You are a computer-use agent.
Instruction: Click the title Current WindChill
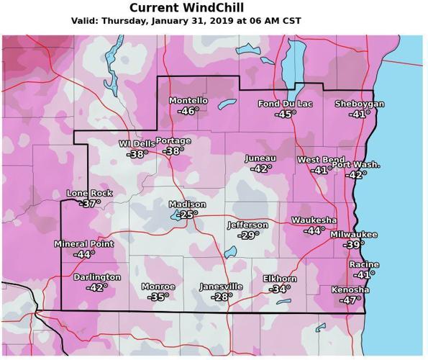186,8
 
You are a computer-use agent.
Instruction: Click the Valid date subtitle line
186,21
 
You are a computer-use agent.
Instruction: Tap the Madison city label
187,204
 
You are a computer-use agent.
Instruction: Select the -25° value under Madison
188,215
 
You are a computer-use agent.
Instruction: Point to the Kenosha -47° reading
350,300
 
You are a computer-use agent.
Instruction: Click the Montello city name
188,101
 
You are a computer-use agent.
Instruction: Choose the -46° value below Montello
188,111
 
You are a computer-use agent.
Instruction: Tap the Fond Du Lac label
286,104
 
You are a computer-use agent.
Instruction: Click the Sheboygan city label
360,104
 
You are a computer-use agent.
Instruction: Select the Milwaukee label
354,235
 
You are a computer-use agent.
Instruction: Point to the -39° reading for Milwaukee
353,246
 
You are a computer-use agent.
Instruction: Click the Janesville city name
221,287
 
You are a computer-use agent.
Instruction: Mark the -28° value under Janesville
221,297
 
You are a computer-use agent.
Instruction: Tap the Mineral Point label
83,244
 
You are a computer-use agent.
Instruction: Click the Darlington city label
97,277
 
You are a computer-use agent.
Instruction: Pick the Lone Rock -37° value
90,204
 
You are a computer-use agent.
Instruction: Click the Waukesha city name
314,220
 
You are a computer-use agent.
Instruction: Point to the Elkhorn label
280,279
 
